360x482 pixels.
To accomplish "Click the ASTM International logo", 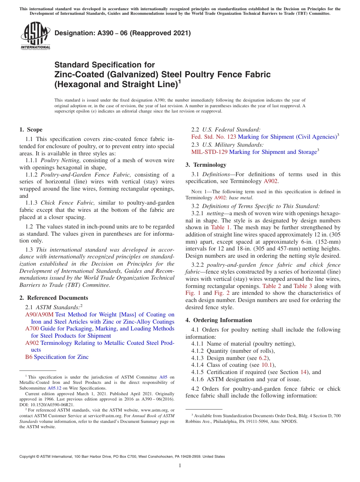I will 35,36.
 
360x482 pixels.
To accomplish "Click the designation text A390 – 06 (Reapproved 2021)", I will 122,33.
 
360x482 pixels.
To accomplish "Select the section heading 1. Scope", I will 31,130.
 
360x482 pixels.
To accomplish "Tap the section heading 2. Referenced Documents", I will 54,298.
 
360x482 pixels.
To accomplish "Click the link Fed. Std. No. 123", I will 214,137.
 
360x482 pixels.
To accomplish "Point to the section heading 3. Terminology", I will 206,165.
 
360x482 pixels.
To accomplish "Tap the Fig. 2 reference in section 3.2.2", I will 222,293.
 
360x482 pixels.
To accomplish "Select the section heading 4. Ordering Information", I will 219,320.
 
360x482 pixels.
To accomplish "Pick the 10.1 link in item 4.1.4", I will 267,365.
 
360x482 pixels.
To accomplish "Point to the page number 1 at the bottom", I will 180,466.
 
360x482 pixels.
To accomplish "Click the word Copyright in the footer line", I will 28,457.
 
